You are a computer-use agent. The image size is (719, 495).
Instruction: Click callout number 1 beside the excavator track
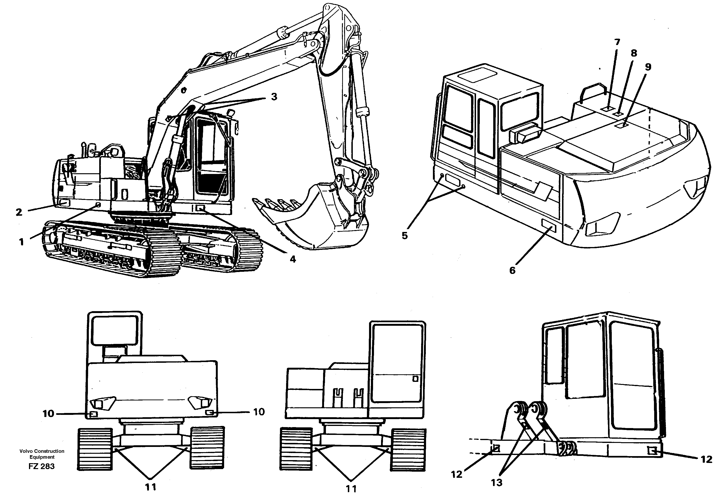(x=21, y=242)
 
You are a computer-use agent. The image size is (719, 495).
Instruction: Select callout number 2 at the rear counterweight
(x=19, y=212)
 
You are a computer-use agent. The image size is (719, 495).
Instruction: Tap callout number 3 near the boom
(x=274, y=97)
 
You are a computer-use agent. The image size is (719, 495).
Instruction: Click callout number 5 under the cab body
(x=405, y=236)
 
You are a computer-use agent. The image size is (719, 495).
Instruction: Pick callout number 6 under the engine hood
(x=512, y=270)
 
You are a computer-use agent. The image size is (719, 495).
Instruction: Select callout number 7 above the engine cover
(x=617, y=42)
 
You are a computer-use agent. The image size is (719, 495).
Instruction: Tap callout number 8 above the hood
(x=634, y=53)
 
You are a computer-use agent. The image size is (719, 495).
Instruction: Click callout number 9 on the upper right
(x=648, y=67)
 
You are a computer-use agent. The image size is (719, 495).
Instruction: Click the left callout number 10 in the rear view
(x=48, y=413)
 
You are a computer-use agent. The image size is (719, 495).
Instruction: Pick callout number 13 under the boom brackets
(x=497, y=482)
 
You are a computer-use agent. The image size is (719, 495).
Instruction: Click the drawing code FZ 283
(x=41, y=466)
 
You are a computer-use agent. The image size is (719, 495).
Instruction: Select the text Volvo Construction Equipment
(x=42, y=454)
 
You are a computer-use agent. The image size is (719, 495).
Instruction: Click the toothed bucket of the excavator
(x=310, y=217)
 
